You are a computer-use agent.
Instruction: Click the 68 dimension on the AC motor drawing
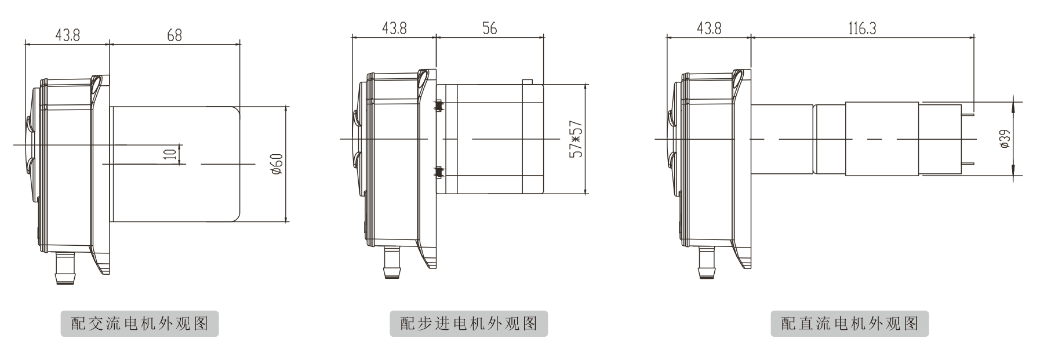pos(174,35)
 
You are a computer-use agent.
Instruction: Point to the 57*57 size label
pos(576,139)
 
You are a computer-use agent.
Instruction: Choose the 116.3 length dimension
pos(862,28)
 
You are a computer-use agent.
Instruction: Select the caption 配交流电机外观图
pos(140,323)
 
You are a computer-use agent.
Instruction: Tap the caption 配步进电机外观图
pos(468,323)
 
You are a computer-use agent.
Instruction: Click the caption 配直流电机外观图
pos(849,323)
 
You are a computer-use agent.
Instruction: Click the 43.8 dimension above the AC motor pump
pos(67,35)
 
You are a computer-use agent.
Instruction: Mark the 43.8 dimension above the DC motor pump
pos(709,28)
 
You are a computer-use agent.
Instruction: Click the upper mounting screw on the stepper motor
pos(439,106)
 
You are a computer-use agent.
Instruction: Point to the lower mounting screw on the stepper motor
pos(439,171)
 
